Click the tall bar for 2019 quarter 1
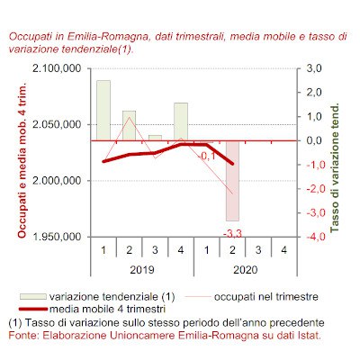coord(103,111)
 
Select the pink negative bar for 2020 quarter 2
coord(232,181)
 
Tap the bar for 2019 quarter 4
coord(181,121)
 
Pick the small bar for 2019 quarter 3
coord(155,138)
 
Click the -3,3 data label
coord(232,233)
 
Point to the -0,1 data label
coord(206,156)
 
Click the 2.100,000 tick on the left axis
coord(57,68)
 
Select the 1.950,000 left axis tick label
coord(57,237)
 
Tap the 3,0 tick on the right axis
coord(314,68)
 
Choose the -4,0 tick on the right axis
coord(312,237)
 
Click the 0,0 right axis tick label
coord(314,140)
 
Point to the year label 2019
coord(142,270)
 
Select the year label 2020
coord(246,270)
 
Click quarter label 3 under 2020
coord(258,250)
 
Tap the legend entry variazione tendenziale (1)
coord(97,297)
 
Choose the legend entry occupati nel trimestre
coord(251,297)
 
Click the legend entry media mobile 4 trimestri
coord(93,309)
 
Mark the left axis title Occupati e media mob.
coord(22,159)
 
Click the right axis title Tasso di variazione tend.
coord(334,168)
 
